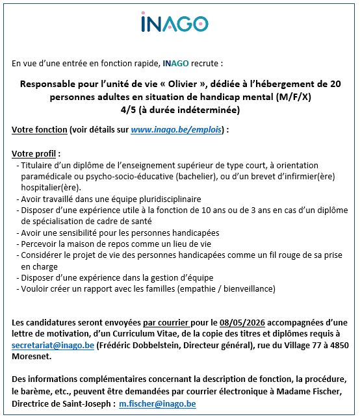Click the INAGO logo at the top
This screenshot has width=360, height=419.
pyautogui.click(x=175, y=24)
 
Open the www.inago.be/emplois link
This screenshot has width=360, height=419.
pyautogui.click(x=176, y=130)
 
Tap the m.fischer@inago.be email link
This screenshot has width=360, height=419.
pyautogui.click(x=157, y=403)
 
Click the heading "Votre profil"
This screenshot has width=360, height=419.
pyautogui.click(x=35, y=154)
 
